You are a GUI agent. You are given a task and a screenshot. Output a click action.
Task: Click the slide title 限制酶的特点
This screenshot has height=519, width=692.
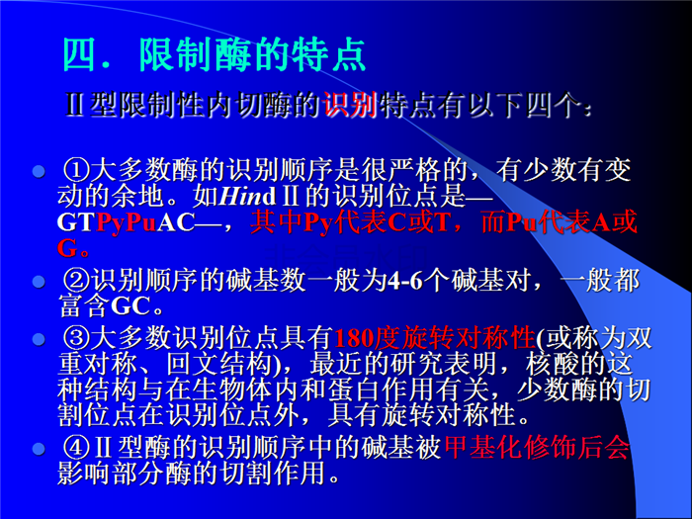coord(252,55)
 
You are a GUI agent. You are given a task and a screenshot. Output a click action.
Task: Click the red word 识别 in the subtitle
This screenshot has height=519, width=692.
coord(350,105)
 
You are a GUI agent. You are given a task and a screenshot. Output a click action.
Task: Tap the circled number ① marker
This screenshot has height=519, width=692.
coord(76,170)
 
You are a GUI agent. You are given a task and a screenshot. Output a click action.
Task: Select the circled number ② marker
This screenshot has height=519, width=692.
coord(76,280)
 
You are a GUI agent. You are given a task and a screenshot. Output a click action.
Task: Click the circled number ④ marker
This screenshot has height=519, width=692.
coord(76,448)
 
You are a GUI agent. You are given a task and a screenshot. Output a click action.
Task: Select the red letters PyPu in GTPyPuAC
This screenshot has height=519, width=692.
coord(127,223)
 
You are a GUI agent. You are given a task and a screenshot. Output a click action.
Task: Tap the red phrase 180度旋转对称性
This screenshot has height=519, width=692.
coord(434,338)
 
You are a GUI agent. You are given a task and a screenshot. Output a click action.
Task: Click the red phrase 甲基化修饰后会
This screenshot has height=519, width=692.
coord(537,448)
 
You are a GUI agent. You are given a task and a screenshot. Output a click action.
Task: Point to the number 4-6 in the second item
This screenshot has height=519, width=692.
coord(404,281)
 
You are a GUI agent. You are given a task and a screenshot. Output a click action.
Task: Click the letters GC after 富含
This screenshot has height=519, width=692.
coord(130,306)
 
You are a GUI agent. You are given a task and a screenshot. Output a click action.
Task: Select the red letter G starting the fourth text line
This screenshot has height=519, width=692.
coord(67,248)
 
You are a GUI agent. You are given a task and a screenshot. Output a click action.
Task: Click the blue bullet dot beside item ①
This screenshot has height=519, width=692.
coord(40,171)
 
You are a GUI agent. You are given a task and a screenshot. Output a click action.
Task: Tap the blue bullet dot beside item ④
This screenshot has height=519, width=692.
coord(40,449)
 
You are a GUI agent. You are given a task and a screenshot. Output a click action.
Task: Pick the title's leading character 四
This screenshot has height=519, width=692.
coord(79,55)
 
